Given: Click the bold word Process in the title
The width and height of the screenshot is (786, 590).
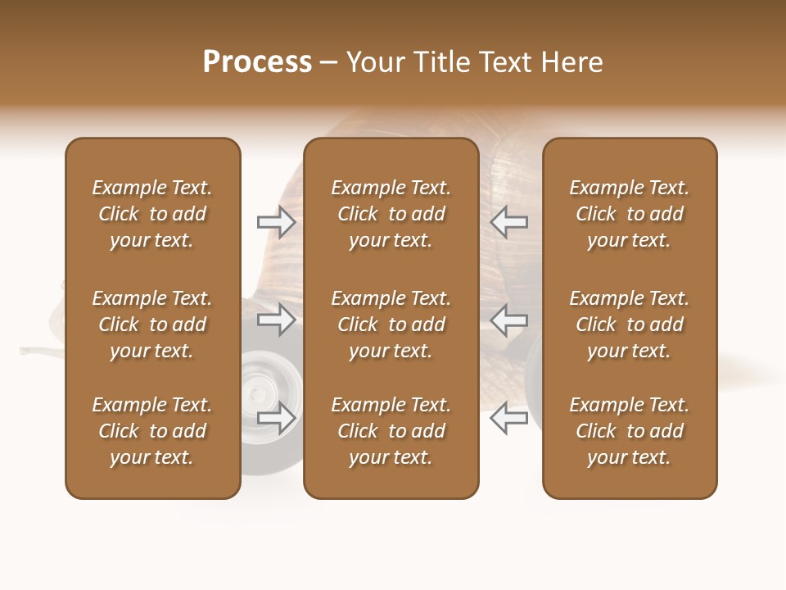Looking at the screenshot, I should (257, 62).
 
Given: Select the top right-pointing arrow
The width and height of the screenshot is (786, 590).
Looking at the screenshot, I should (276, 222).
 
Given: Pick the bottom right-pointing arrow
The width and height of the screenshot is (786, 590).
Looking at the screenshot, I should (276, 418).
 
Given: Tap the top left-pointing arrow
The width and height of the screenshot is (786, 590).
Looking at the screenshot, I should (508, 222).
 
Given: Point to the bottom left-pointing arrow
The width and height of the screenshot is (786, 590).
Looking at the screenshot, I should (508, 418).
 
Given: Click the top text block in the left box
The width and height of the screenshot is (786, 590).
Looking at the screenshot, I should (152, 214).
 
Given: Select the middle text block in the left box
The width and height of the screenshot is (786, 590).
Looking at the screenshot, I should (152, 324).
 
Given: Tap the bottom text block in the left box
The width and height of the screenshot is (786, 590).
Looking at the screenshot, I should (152, 431).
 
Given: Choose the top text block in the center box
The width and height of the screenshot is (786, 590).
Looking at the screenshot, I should (391, 214).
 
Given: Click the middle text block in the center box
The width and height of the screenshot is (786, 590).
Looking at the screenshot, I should (391, 324).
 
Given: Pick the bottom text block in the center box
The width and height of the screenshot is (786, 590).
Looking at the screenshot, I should (391, 431).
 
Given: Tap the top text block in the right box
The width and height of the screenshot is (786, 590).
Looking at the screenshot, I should (629, 214).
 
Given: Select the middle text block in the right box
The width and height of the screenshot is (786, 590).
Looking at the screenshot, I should (629, 324).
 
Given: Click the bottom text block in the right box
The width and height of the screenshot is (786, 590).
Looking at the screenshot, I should (629, 431).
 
